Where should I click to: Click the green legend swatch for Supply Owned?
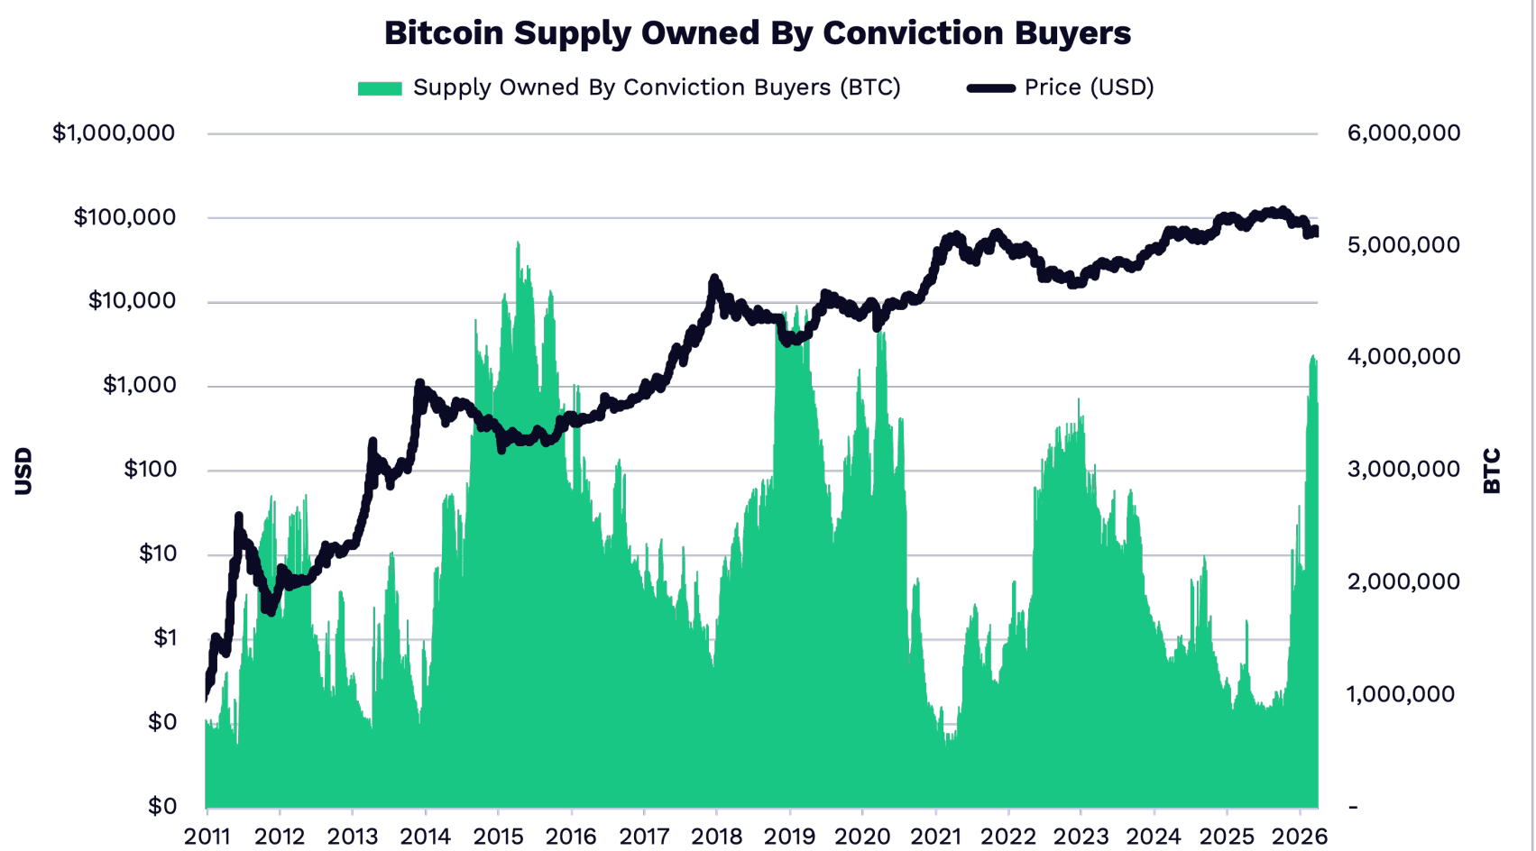(380, 88)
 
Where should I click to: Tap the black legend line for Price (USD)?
(991, 88)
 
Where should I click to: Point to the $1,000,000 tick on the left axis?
(114, 133)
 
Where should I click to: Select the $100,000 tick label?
(124, 217)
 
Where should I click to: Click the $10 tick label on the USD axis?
(157, 554)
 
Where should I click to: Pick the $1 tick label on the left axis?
(164, 638)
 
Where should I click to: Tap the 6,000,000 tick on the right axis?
(1403, 133)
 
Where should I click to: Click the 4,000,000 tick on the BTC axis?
(1403, 357)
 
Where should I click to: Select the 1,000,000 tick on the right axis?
(1401, 694)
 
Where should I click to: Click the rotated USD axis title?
(23, 471)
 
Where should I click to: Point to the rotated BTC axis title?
(1492, 471)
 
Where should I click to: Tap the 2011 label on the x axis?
(207, 836)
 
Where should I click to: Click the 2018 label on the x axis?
(717, 836)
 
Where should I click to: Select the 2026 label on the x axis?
(1300, 836)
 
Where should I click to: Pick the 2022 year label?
(1008, 836)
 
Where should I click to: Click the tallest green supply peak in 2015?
(518, 244)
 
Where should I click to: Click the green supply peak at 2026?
(1313, 358)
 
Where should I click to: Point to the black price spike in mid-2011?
(239, 517)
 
